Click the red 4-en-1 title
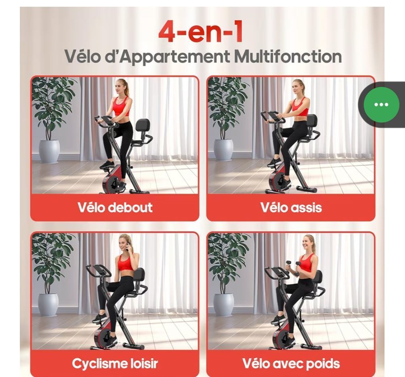click(200, 32)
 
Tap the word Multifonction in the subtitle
click(288, 56)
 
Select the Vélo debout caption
click(115, 207)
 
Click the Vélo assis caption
click(291, 207)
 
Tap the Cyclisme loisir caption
click(115, 364)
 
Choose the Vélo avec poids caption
click(291, 364)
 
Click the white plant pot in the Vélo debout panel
click(49, 151)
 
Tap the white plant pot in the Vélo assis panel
click(224, 150)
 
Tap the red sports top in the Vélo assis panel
click(301, 107)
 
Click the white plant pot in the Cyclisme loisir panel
click(48, 305)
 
